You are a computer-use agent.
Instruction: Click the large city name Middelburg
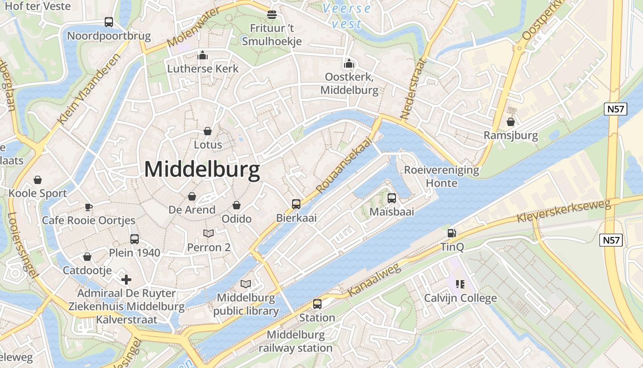coord(202,169)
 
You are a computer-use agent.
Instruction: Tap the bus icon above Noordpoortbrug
coord(109,22)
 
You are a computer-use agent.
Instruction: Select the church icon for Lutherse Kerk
coord(203,55)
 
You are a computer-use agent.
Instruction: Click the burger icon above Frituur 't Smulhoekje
coord(272,14)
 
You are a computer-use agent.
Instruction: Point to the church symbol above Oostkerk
coord(349,63)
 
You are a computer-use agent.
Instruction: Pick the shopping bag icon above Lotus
coord(208,131)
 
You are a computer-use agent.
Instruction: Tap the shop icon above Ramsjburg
coord(510,122)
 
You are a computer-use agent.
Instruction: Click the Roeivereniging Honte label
coord(441,177)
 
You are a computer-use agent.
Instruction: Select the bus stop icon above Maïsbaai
coord(392,198)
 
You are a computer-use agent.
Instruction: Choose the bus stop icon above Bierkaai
coord(296,204)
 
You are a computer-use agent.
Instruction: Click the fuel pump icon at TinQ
coord(452,233)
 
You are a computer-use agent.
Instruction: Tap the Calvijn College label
coord(460,298)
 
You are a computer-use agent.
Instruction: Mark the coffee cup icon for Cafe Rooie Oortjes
coord(89,207)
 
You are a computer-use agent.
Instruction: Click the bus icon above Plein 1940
coord(135,239)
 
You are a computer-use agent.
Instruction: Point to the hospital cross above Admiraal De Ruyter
coord(126,279)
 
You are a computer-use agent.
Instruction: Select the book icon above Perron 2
coord(209,234)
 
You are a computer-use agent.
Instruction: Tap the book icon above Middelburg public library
coord(246,284)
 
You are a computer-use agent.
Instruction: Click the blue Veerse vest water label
coord(346,16)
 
